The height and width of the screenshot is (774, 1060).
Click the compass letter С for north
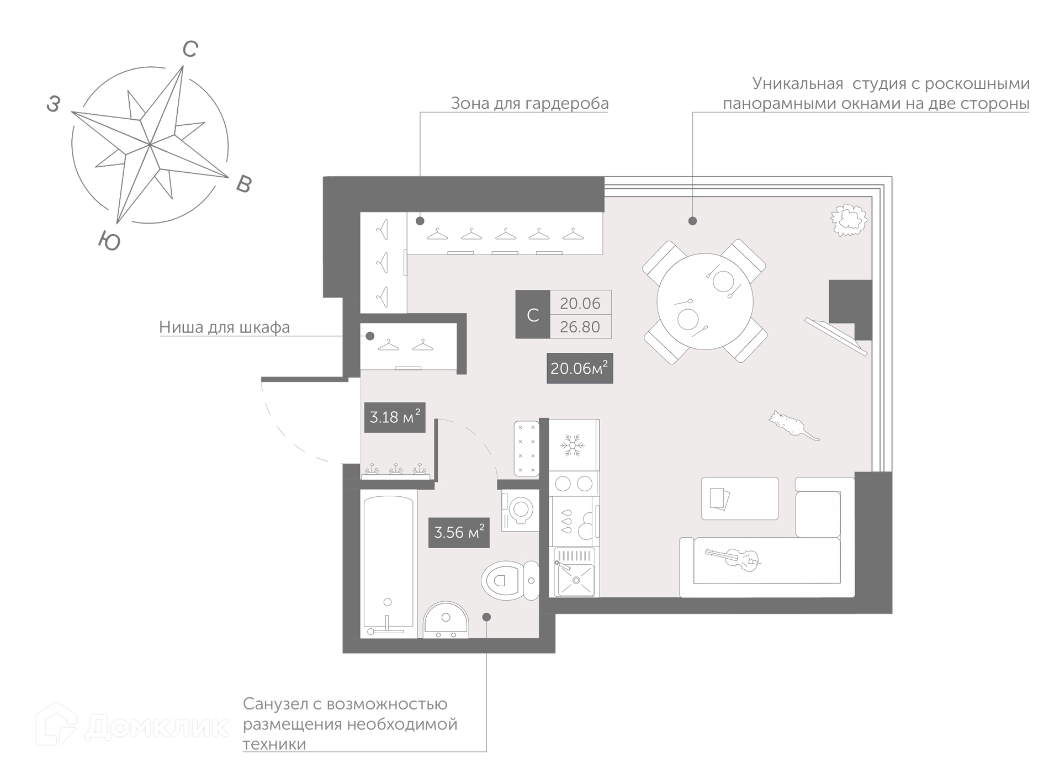pyautogui.click(x=190, y=50)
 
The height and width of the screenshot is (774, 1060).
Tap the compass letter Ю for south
pyautogui.click(x=109, y=241)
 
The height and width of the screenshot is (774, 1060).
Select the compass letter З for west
pyautogui.click(x=54, y=104)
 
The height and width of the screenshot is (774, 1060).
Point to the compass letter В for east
pyautogui.click(x=244, y=184)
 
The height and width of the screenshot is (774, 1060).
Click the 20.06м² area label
pyautogui.click(x=580, y=368)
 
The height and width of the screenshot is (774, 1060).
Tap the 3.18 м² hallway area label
pyautogui.click(x=395, y=417)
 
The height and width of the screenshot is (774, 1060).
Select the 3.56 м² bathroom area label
pyautogui.click(x=459, y=532)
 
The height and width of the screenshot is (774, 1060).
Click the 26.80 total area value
pyautogui.click(x=580, y=327)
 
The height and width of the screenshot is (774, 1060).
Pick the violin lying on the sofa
pyautogui.click(x=733, y=559)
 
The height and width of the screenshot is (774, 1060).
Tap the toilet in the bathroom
pyautogui.click(x=510, y=580)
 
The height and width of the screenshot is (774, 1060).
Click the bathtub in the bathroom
pyautogui.click(x=388, y=566)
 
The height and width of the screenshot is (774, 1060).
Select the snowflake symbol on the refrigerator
pyautogui.click(x=573, y=445)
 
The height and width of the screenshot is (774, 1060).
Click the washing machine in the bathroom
pyautogui.click(x=520, y=511)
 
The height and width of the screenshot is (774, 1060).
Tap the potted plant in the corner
pyautogui.click(x=849, y=220)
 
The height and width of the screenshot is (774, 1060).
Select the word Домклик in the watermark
pyautogui.click(x=157, y=727)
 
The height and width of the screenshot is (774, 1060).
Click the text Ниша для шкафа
pyautogui.click(x=225, y=327)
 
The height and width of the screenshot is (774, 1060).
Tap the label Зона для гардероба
pyautogui.click(x=530, y=103)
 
